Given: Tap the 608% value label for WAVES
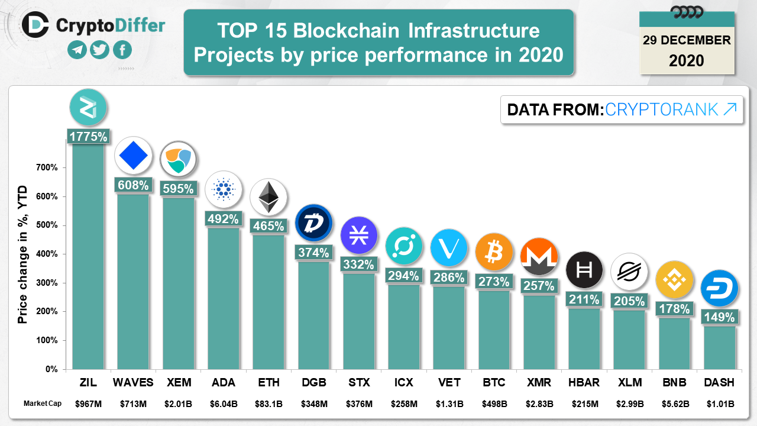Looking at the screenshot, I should pyautogui.click(x=133, y=185).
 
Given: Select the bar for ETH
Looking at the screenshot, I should pyautogui.click(x=268, y=302).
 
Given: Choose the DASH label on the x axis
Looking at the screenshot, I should pyautogui.click(x=719, y=383).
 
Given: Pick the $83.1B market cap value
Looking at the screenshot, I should pyautogui.click(x=268, y=404).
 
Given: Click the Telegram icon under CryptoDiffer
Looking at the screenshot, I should pyautogui.click(x=77, y=50).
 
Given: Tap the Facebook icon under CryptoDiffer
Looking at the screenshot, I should pyautogui.click(x=122, y=50).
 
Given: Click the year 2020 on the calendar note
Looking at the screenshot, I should pyautogui.click(x=687, y=60).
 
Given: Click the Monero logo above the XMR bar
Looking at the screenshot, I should pyautogui.click(x=539, y=257).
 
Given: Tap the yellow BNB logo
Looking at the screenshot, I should pyautogui.click(x=674, y=279).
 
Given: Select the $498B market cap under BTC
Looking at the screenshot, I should pyautogui.click(x=494, y=404).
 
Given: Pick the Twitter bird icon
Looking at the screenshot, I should pyautogui.click(x=100, y=50).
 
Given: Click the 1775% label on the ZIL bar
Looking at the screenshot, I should pyautogui.click(x=88, y=137).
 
